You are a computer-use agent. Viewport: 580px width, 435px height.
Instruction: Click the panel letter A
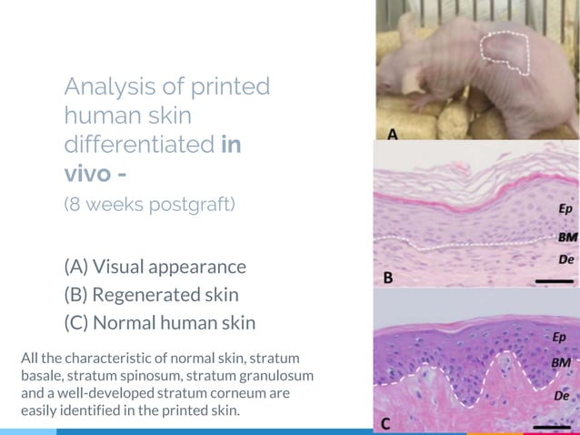point(393,134)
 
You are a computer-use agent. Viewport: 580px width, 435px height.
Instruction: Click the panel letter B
point(387,277)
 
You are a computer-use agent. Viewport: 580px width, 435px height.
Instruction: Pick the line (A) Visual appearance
point(155,267)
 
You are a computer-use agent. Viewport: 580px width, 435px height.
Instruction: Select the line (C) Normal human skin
point(159,322)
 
